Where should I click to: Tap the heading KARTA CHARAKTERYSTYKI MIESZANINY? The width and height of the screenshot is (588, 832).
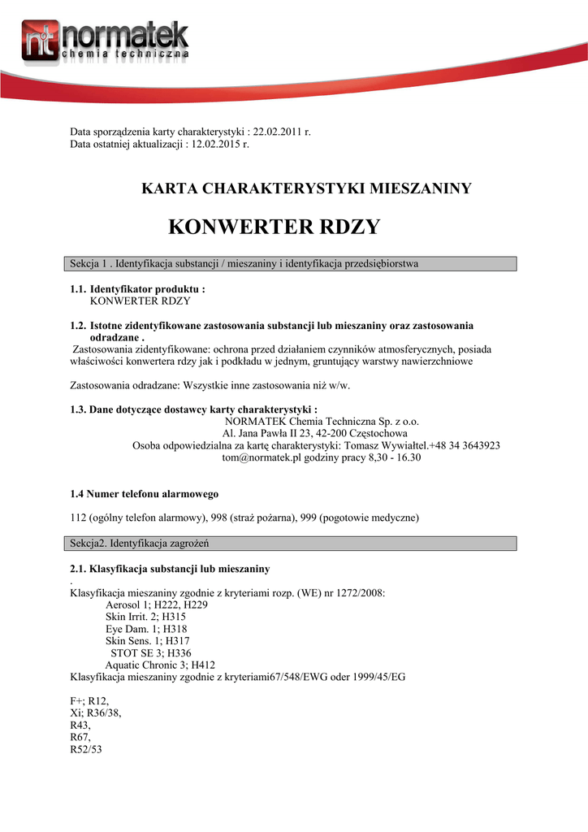point(307,188)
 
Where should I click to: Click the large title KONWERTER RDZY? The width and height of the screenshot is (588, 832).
point(274,227)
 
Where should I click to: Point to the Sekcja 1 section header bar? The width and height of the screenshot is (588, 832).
point(290,264)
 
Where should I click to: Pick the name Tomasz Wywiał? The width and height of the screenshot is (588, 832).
point(380,445)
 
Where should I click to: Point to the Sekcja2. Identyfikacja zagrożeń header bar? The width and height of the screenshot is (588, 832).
point(290,543)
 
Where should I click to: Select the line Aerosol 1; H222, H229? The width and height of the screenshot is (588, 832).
point(157,604)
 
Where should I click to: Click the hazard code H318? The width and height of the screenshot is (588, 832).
point(175,629)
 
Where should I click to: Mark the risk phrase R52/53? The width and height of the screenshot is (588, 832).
point(85,749)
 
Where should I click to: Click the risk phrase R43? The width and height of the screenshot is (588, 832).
point(81,725)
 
